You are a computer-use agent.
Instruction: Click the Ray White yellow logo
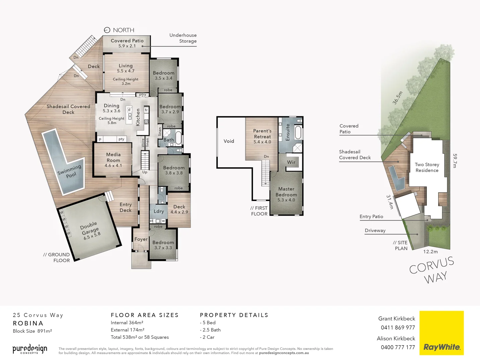pos(441,333)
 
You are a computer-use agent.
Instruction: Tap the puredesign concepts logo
pos(30,349)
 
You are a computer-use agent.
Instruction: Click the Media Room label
pos(113,160)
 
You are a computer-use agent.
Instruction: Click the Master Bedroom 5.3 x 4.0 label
pos(286,194)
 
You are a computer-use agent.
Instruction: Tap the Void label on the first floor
pos(229,141)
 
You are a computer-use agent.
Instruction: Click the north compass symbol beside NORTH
pos(107,30)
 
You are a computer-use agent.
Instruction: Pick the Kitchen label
pos(138,117)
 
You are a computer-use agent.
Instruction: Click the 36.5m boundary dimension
pos(397,98)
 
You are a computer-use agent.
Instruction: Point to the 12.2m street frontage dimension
pos(430,252)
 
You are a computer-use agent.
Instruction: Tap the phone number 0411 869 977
pos(398,328)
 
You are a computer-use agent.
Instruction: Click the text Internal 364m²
pos(127,323)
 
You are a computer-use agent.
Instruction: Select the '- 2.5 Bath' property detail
pos(210,330)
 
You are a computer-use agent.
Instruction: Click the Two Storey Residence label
pos(427,167)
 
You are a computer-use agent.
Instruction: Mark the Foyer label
pos(141,239)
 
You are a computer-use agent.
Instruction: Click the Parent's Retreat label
pos(262,136)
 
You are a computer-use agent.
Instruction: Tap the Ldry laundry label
pos(159,211)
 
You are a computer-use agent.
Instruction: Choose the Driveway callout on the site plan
pos(375,230)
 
